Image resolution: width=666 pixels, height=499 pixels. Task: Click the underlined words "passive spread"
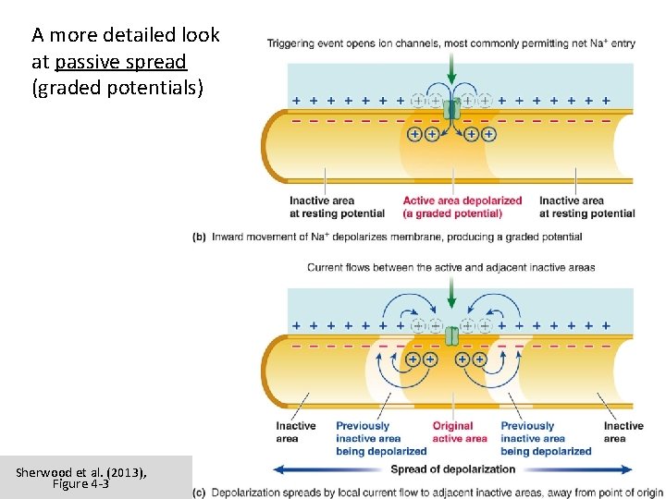[x=120, y=62]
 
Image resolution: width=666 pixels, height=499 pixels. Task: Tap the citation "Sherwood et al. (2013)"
[x=81, y=472]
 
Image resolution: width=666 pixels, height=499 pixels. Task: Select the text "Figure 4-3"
[x=81, y=483]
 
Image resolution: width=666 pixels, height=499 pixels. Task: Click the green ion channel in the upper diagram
[x=450, y=109]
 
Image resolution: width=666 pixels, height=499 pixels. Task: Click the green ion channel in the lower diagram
[x=450, y=335]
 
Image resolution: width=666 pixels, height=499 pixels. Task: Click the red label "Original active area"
[x=452, y=432]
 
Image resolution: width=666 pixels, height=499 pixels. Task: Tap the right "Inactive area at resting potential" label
[x=586, y=207]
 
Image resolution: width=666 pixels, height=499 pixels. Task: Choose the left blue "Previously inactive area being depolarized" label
[x=381, y=439]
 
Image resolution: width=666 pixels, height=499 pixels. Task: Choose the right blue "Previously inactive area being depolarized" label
[x=546, y=439]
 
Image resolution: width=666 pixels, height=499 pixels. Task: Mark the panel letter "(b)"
[x=200, y=237]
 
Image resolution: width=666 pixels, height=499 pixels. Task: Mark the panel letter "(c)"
[x=200, y=493]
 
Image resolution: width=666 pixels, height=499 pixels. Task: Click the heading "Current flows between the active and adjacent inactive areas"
[x=450, y=268]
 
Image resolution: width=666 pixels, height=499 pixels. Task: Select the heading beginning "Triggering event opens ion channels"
[x=450, y=43]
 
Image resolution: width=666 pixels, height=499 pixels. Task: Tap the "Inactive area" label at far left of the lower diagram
[x=295, y=432]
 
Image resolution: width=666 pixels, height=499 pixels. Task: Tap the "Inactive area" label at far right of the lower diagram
[x=623, y=432]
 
